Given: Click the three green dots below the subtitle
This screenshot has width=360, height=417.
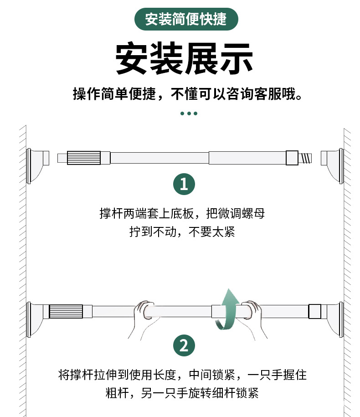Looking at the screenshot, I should tap(188, 113).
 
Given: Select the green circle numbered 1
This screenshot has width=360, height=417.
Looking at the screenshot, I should tap(184, 185).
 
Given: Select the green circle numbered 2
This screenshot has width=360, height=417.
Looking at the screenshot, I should tap(184, 345).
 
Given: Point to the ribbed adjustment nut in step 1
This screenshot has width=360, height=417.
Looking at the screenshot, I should tap(83, 158).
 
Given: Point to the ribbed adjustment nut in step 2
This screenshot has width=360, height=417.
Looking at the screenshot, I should tap(66, 312).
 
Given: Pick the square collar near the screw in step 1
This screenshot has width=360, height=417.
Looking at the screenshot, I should tap(292, 158).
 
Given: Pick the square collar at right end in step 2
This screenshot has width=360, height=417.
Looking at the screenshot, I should tap(315, 312).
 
